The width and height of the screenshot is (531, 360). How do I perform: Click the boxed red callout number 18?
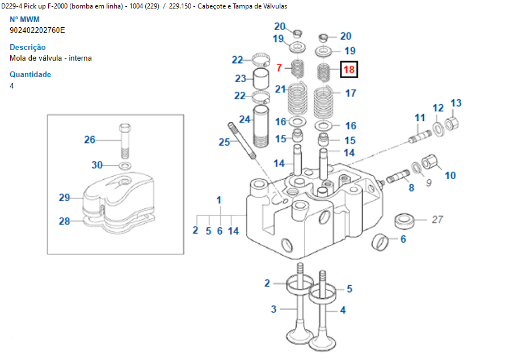[349, 70]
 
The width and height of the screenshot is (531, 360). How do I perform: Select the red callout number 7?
[279, 69]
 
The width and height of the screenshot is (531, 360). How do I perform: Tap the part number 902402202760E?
[37, 30]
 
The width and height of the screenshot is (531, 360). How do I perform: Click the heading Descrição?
[28, 47]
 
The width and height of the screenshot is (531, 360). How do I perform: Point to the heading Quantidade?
[30, 74]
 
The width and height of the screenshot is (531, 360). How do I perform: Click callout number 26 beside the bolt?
[90, 139]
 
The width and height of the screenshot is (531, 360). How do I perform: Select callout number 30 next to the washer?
[98, 165]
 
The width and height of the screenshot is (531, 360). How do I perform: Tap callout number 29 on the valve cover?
[64, 198]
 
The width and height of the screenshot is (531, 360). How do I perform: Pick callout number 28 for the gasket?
[64, 221]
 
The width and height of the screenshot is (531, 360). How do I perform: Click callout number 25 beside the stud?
[224, 142]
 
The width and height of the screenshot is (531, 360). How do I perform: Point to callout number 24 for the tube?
[245, 119]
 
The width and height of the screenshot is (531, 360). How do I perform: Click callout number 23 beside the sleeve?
[241, 79]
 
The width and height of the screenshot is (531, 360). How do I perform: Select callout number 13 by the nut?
[456, 103]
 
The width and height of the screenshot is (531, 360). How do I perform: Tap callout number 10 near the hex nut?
[450, 176]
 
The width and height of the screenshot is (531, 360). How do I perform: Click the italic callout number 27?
[437, 219]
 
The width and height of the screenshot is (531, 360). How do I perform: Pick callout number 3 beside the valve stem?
[273, 309]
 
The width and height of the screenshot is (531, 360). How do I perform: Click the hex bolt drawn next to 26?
[126, 141]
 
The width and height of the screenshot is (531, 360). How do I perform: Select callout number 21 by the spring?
[280, 89]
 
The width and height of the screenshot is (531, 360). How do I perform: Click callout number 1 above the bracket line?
[219, 200]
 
